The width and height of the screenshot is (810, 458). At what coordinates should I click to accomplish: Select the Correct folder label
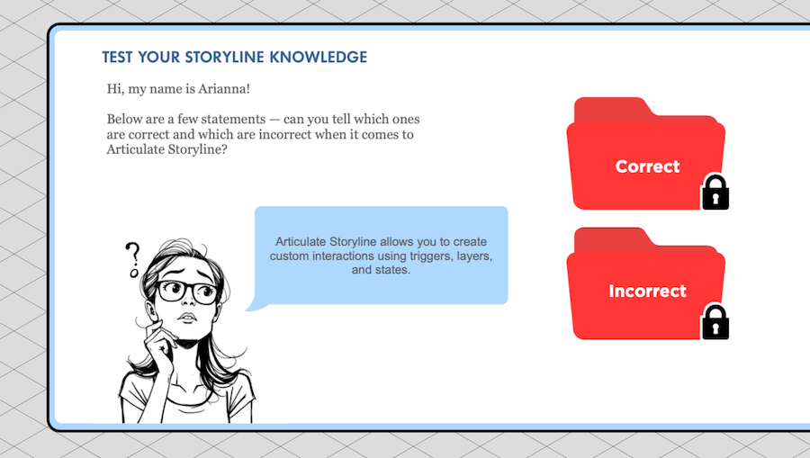coord(647,166)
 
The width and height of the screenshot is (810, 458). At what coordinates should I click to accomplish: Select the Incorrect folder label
coord(647,291)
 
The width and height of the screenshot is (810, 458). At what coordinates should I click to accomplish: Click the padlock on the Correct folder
coord(715,192)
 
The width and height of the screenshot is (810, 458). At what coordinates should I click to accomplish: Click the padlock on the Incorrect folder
coord(715,322)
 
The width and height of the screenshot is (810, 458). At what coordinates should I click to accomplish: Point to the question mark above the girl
coord(133,259)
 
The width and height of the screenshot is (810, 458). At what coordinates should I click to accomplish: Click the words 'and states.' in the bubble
coord(382,270)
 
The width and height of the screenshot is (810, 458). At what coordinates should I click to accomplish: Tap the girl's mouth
coord(187,317)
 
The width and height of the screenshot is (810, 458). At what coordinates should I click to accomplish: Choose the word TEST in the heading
coord(117,58)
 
